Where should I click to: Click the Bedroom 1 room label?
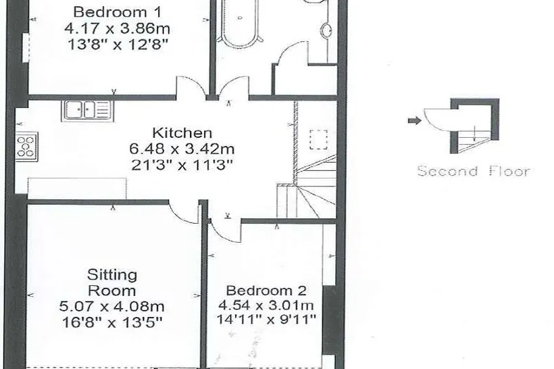pyautogui.click(x=117, y=12)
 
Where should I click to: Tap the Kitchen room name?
pyautogui.click(x=182, y=133)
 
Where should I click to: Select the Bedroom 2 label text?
pyautogui.click(x=266, y=291)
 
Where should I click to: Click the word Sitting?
pyautogui.click(x=112, y=275)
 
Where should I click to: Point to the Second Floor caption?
pyautogui.click(x=474, y=171)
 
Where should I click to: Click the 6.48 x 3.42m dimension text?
pyautogui.click(x=182, y=149)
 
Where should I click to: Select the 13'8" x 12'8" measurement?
pyautogui.click(x=117, y=44)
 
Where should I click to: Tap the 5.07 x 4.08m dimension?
pyautogui.click(x=111, y=306)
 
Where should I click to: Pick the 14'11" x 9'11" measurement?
pyautogui.click(x=266, y=320)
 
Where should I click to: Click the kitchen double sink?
pyautogui.click(x=87, y=110)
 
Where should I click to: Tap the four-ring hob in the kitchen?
pyautogui.click(x=27, y=147)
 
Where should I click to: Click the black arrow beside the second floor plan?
pyautogui.click(x=415, y=121)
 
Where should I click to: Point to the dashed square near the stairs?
pyautogui.click(x=319, y=139)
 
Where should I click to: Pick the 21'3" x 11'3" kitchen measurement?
pyautogui.click(x=182, y=165)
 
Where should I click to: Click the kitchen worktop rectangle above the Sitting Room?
pyautogui.click(x=77, y=189)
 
